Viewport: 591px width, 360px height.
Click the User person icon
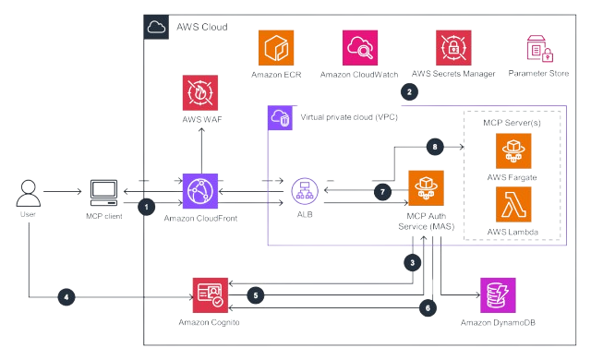(27, 193)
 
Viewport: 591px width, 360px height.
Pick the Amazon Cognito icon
(209, 294)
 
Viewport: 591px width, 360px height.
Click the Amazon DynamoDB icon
(496, 294)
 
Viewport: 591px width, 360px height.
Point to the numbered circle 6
(428, 306)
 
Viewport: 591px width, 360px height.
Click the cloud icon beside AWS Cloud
(156, 28)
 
